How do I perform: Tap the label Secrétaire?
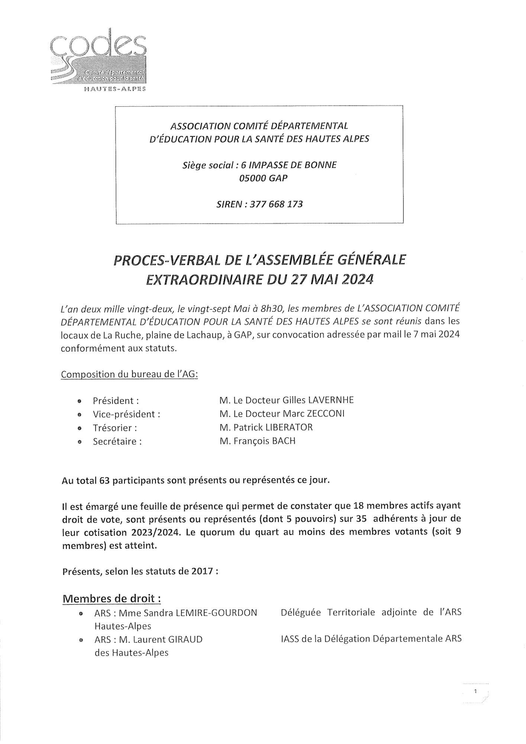[x=117, y=442]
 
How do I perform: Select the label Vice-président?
[x=126, y=414]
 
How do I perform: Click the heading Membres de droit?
[x=112, y=599]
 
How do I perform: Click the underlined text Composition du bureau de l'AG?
[x=129, y=374]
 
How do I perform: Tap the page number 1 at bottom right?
[x=475, y=692]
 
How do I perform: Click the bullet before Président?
[x=79, y=401]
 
